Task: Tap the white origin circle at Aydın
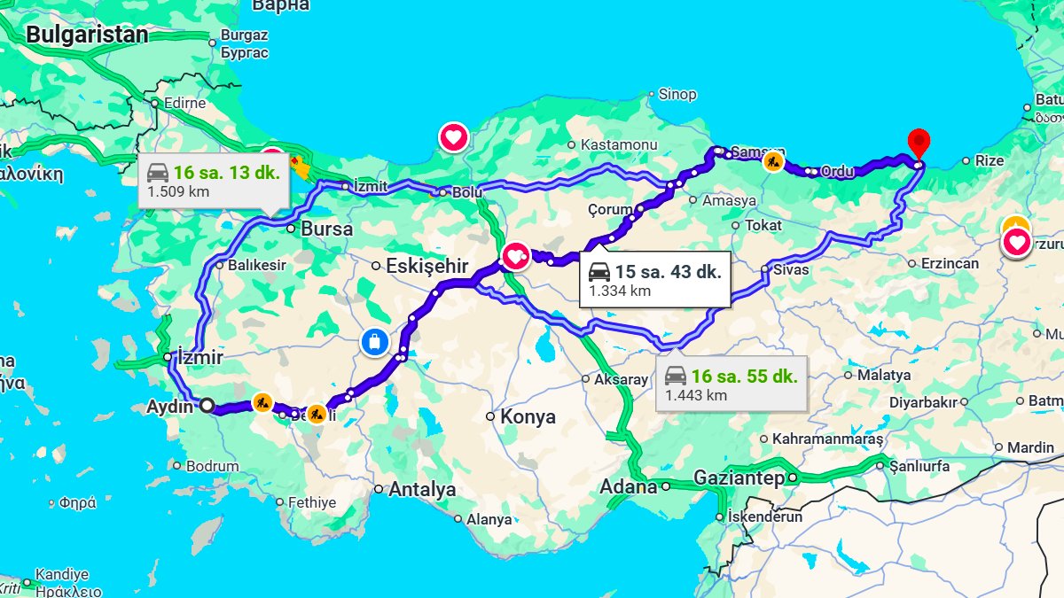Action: (x=207, y=406)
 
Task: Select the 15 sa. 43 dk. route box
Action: (x=654, y=280)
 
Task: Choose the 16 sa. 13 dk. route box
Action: (x=213, y=180)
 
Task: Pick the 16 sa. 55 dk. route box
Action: (x=731, y=384)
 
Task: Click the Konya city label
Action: (x=528, y=416)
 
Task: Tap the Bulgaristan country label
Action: (x=86, y=35)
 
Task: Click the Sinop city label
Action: (x=677, y=94)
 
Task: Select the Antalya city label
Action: (x=421, y=489)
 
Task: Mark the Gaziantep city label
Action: (x=739, y=478)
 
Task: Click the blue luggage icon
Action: (x=375, y=341)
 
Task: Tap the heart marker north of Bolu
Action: (x=454, y=137)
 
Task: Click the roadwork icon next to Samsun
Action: (x=774, y=162)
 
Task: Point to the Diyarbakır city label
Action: (x=922, y=401)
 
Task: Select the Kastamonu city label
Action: (x=618, y=144)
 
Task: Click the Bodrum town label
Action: (x=213, y=466)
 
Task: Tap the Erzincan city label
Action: (x=950, y=263)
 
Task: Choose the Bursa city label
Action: (x=326, y=229)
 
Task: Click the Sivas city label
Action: (x=791, y=268)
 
